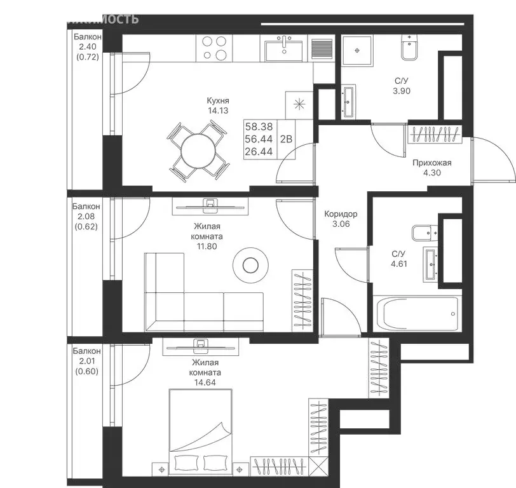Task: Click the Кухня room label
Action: point(217,100)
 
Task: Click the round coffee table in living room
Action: point(250,265)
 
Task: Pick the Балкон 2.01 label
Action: point(85,351)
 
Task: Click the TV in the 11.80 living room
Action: point(210,204)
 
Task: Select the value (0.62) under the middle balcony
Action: point(85,227)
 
